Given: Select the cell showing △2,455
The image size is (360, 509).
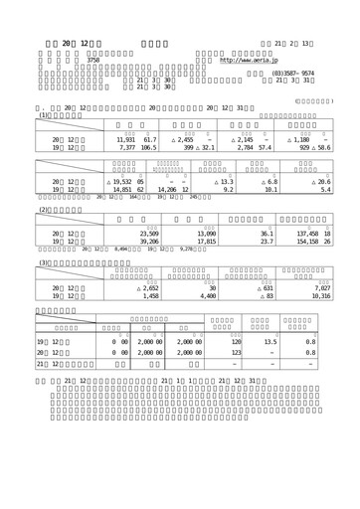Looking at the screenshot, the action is point(191,141).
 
